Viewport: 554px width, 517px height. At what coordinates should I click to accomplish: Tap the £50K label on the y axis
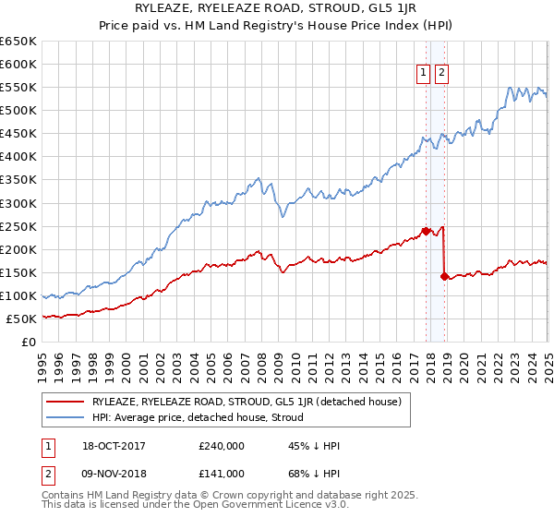[x=21, y=319]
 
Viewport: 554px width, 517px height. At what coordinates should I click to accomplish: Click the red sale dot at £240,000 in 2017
[x=427, y=231]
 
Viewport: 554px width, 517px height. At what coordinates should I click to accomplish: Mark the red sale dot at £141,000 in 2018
[x=445, y=276]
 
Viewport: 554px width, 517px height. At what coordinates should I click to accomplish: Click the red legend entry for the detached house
[x=246, y=402]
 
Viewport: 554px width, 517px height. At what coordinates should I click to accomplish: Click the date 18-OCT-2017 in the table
[x=114, y=446]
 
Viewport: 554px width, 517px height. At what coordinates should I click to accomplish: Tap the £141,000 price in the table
[x=222, y=472]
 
